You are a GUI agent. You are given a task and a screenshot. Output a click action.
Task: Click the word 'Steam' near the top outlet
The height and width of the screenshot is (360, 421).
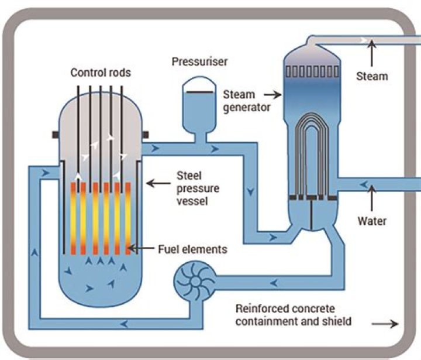[372, 76]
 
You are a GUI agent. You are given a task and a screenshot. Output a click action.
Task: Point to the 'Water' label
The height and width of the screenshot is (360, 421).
[372, 221]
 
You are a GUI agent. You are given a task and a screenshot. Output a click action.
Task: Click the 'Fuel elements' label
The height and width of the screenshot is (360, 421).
[192, 249]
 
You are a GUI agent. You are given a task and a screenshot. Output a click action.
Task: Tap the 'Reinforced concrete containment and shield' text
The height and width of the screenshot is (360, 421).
[294, 314]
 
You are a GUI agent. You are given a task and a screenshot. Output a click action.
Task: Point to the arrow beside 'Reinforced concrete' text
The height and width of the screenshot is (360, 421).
[387, 323]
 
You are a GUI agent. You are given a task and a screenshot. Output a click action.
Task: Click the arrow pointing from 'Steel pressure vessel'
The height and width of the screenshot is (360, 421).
[157, 183]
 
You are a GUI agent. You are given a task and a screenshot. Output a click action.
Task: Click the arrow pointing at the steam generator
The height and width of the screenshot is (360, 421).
[270, 93]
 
